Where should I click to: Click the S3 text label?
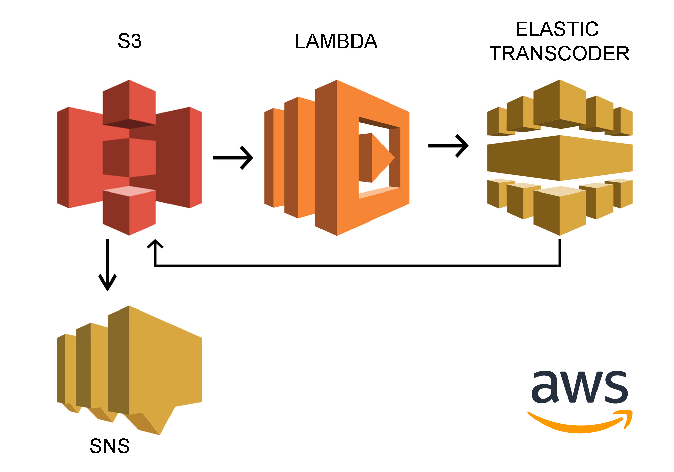click(x=129, y=41)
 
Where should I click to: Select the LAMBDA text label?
click(x=336, y=41)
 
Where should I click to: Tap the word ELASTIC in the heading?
click(x=557, y=29)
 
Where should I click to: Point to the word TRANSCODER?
click(x=559, y=54)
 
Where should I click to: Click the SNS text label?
click(x=110, y=446)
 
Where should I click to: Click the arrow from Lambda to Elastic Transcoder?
click(x=448, y=146)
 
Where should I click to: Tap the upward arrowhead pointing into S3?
click(x=155, y=245)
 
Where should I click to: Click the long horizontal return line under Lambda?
click(x=357, y=266)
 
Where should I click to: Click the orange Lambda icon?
click(x=337, y=158)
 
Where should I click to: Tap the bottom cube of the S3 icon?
click(x=129, y=211)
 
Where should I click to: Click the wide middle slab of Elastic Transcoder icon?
click(x=559, y=158)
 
